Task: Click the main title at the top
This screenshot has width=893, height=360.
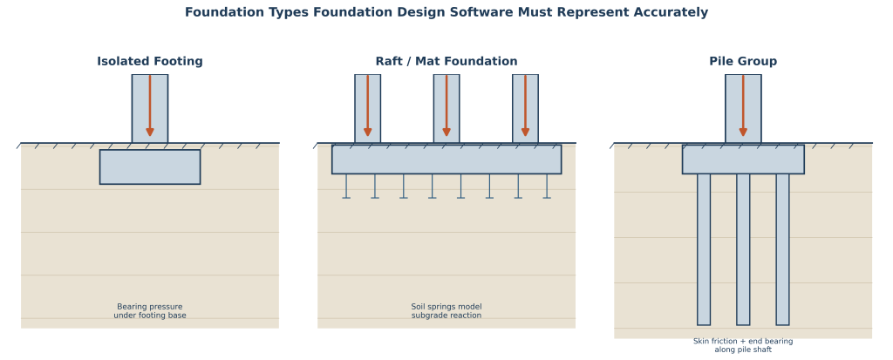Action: click(446, 12)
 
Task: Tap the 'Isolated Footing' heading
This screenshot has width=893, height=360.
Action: click(150, 62)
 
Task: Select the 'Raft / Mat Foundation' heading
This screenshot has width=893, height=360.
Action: click(446, 62)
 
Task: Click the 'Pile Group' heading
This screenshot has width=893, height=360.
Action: click(743, 62)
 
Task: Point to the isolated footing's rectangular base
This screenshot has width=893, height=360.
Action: click(150, 166)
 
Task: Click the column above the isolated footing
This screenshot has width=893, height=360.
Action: click(150, 108)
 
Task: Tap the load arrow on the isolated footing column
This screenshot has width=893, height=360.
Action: click(150, 106)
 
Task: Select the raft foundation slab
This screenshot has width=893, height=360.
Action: click(446, 159)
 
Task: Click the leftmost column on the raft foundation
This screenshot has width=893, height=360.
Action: click(367, 108)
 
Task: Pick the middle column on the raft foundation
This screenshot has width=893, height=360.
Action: click(446, 108)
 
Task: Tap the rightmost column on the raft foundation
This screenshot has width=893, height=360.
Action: click(525, 108)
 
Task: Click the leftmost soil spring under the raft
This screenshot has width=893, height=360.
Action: click(346, 187)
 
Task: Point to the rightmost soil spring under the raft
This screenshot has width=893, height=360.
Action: click(547, 187)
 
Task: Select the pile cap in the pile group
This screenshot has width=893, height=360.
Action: click(743, 159)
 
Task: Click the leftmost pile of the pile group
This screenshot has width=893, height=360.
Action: click(704, 249)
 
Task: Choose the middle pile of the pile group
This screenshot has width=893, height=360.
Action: click(743, 249)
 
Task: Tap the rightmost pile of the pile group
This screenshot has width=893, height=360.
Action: click(782, 249)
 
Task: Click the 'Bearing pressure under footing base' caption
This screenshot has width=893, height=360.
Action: click(150, 311)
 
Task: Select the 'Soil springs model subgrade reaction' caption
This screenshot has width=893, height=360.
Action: click(446, 311)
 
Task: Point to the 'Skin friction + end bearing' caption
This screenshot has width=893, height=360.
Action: click(743, 341)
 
